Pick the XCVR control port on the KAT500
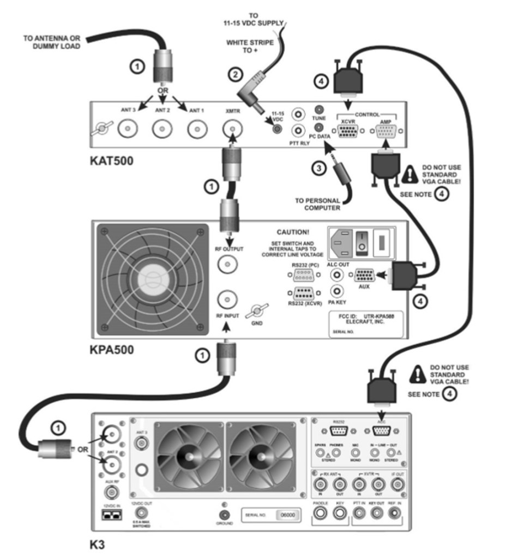[x=347, y=131]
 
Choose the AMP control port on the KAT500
[x=386, y=131]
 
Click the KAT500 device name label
[x=111, y=162]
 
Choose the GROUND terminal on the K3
[x=224, y=514]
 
